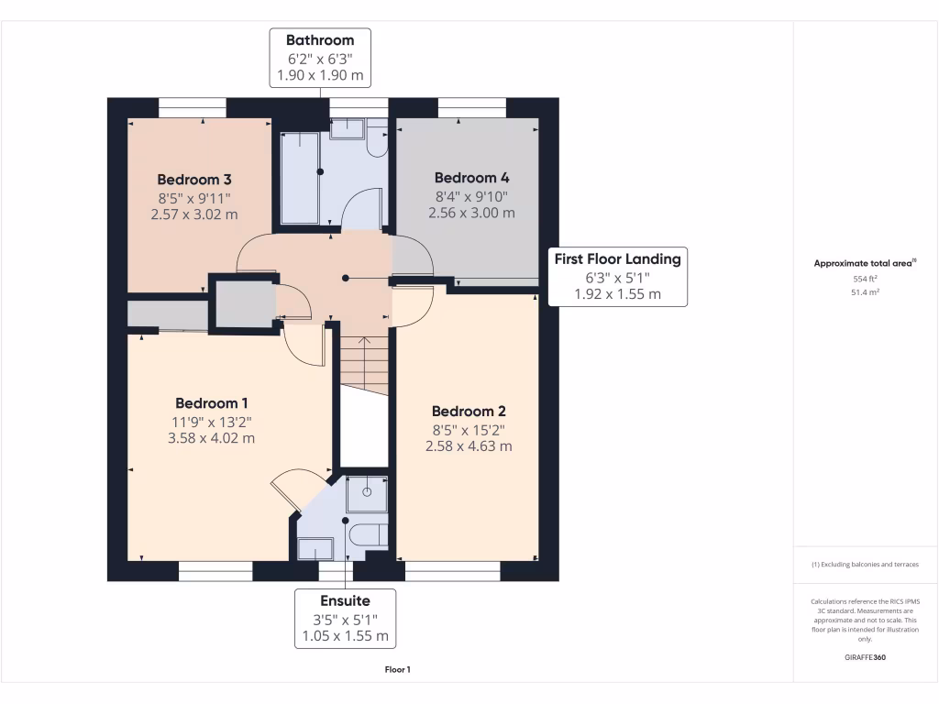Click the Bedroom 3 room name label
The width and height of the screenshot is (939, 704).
[194, 180]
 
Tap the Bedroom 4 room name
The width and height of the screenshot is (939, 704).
[472, 178]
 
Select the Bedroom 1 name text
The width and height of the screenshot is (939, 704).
[212, 403]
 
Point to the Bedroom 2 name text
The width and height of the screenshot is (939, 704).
[469, 412]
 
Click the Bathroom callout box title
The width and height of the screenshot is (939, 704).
[320, 40]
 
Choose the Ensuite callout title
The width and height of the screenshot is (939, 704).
[345, 601]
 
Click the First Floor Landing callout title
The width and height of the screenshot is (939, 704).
[617, 259]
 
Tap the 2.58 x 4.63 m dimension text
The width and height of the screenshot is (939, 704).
[469, 446]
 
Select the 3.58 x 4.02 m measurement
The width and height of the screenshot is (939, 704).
[212, 438]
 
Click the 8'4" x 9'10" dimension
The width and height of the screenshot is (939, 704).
[472, 196]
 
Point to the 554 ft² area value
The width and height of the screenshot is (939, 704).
[866, 279]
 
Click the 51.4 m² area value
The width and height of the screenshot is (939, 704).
[866, 292]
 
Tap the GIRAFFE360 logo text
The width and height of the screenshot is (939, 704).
[866, 657]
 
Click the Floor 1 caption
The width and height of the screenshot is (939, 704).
[398, 670]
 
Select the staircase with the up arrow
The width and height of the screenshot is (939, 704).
[365, 365]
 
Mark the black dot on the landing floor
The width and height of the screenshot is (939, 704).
[346, 279]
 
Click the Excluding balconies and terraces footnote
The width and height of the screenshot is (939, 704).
[865, 565]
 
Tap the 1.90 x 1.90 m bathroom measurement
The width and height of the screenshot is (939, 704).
[320, 75]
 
